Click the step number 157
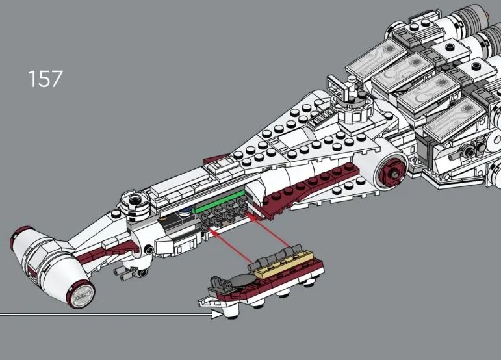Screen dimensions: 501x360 (x=45, y=79)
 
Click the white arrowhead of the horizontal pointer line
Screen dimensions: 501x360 (x=217, y=315)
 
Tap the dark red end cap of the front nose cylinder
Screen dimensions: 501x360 (x=80, y=294)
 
